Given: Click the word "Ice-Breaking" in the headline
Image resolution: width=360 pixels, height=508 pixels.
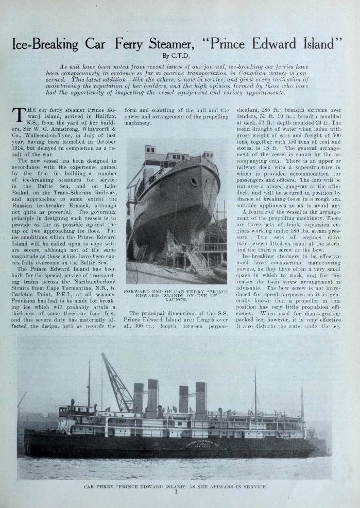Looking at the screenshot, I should (45, 44).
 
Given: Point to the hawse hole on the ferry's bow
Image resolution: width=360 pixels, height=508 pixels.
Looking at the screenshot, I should (194, 182).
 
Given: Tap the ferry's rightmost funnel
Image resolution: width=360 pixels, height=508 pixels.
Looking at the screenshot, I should (200, 400).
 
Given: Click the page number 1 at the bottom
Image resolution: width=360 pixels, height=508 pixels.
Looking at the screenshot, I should (176, 493).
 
